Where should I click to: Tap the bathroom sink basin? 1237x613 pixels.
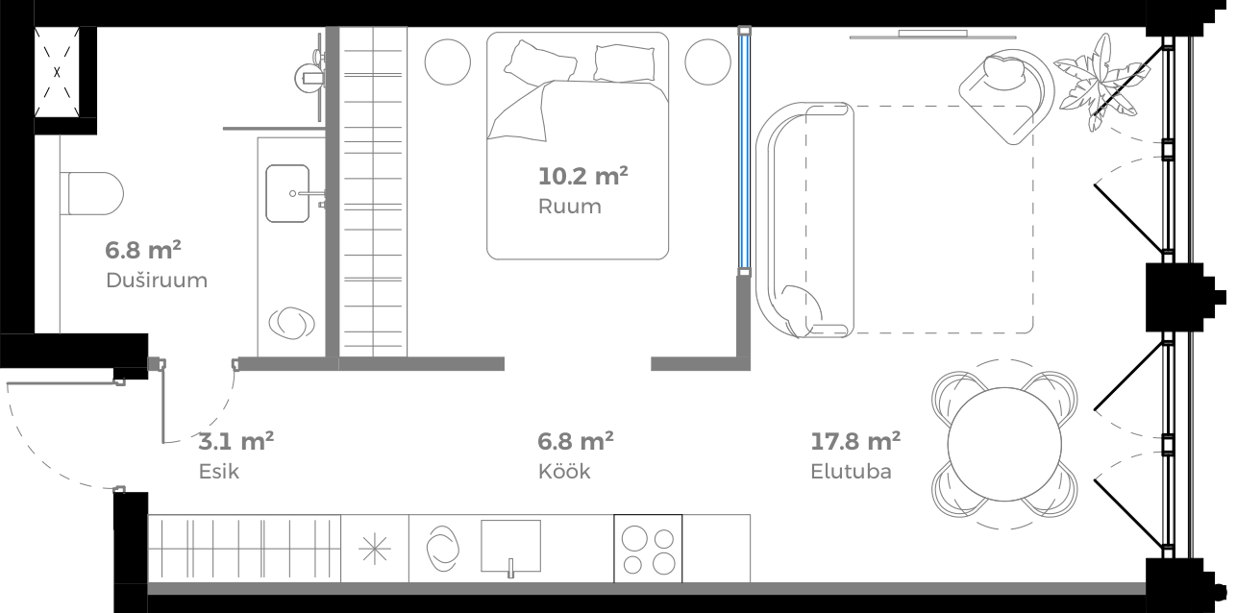(287, 192)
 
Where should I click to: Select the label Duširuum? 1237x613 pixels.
(157, 282)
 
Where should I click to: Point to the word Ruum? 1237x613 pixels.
(569, 207)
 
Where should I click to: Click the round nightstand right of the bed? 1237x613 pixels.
(707, 61)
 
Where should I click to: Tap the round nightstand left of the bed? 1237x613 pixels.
(448, 61)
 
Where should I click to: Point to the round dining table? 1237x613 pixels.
(1003, 443)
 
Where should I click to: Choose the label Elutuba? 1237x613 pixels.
(851, 472)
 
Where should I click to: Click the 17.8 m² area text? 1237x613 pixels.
(855, 442)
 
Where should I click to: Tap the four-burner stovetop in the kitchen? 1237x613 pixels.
(648, 550)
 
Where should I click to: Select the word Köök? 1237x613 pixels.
(564, 472)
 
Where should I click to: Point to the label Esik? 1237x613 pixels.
(218, 472)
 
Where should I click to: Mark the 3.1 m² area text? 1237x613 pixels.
(235, 442)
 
